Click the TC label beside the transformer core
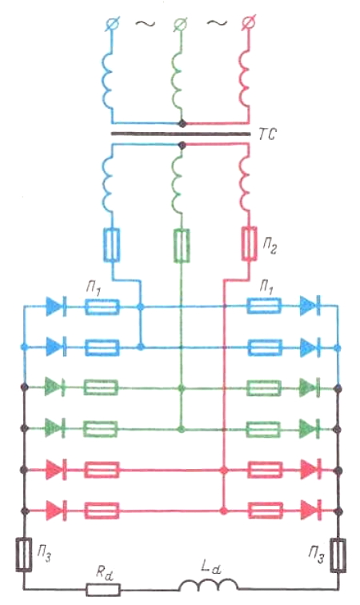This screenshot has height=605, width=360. [267, 134]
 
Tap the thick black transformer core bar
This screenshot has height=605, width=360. [181, 134]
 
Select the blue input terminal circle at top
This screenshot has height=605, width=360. [114, 23]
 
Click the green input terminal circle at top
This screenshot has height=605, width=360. [181, 23]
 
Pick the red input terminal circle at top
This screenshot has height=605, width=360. [247, 23]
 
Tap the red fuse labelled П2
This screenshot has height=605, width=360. [250, 244]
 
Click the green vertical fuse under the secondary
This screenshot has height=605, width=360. [181, 246]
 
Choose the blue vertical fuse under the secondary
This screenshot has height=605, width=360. [111, 245]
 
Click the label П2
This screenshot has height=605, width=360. [270, 246]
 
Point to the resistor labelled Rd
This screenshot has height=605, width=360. [103, 590]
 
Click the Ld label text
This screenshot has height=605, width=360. [210, 567]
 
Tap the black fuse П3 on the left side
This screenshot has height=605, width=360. [24, 555]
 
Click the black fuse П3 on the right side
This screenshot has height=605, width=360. [338, 555]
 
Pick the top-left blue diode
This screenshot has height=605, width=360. [55, 307]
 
